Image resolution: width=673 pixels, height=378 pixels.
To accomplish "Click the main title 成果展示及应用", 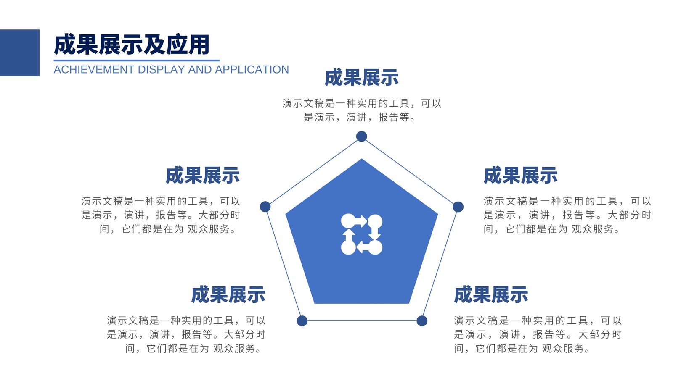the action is (132, 45).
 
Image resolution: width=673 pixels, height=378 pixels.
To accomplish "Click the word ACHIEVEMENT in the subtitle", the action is (94, 70).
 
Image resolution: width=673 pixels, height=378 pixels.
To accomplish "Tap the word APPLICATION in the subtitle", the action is (252, 70).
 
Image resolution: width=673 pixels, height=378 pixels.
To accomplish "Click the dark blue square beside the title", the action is (19, 53).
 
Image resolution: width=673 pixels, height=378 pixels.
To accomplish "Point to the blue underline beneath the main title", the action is (136, 60).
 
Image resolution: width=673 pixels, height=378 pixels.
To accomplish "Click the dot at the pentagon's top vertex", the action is (361, 136).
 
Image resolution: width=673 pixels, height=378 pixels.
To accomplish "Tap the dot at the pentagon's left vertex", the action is (265, 207).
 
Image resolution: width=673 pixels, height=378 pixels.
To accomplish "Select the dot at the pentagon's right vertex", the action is (458, 207).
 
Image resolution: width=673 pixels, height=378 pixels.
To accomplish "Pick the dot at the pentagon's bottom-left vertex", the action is (302, 321).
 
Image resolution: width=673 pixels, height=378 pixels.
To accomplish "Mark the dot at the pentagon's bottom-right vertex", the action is (422, 321).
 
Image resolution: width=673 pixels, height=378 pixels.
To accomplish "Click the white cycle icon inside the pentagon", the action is (362, 234).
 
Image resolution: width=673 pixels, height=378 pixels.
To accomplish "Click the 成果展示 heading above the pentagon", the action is (361, 78).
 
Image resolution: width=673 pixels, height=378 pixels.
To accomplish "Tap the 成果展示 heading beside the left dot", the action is (202, 176).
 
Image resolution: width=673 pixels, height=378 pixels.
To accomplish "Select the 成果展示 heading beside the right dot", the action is (521, 176).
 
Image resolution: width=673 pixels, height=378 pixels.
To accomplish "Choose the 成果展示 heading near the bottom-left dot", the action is (228, 294).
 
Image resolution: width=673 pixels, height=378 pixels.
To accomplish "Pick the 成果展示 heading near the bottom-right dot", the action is (491, 294).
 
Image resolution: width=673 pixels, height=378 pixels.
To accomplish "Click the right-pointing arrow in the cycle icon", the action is (360, 221).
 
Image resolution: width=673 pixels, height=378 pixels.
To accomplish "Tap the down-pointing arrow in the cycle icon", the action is (375, 233).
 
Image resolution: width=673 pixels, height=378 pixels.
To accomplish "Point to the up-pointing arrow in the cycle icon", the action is (349, 236).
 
